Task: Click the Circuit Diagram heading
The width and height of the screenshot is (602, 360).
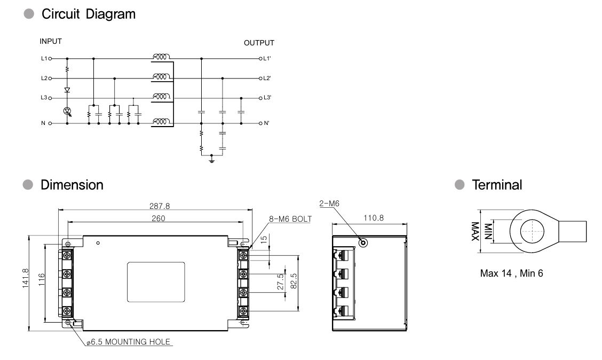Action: pyautogui.click(x=88, y=14)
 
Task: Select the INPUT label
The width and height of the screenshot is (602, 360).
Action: pyautogui.click(x=51, y=42)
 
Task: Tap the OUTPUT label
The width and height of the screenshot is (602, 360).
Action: pyautogui.click(x=259, y=43)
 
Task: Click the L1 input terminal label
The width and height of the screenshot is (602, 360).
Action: pyautogui.click(x=44, y=58)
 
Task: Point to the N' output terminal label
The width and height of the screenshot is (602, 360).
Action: pyautogui.click(x=266, y=123)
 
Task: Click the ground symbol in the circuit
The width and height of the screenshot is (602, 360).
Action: pyautogui.click(x=211, y=159)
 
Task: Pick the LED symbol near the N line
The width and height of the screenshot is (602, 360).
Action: pyautogui.click(x=68, y=112)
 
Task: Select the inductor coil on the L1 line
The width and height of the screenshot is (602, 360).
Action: pyautogui.click(x=161, y=57)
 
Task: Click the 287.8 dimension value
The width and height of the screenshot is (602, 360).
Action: pyautogui.click(x=160, y=206)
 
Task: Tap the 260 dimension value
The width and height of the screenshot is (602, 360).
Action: pyautogui.click(x=158, y=218)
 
